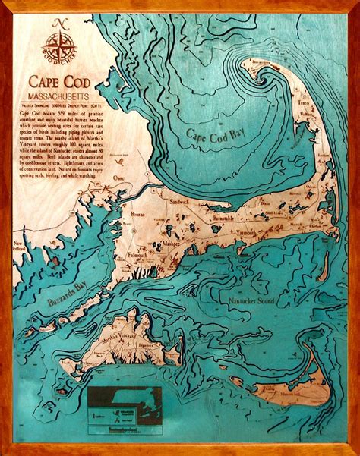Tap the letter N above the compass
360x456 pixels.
click(60, 23)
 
